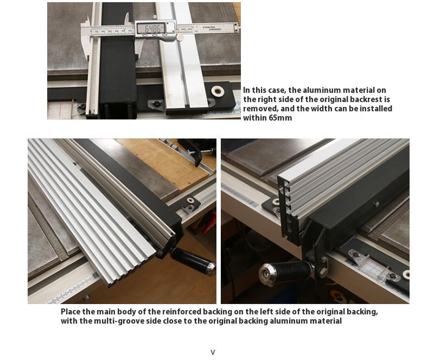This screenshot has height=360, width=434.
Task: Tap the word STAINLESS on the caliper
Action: pyautogui.click(x=209, y=27)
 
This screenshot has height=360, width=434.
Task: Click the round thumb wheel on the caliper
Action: pyautogui.click(x=180, y=37)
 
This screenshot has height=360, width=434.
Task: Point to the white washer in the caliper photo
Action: pyautogui.click(x=218, y=91)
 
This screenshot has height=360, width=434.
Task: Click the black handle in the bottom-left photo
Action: pyautogui.click(x=193, y=261)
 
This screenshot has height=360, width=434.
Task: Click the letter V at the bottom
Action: pyautogui.click(x=213, y=352)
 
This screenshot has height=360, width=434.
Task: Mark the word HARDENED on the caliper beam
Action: pyautogui.click(x=215, y=29)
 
